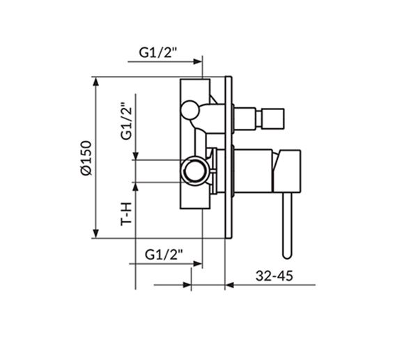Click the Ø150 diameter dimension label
click(x=86, y=158)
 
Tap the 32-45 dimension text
click(x=274, y=276)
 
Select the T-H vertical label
click(x=126, y=214)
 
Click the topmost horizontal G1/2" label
click(x=158, y=52)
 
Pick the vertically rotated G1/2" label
click(x=126, y=121)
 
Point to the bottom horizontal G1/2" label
click(x=164, y=254)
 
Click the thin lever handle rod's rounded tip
click(x=287, y=255)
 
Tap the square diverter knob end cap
click(x=272, y=118)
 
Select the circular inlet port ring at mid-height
click(x=194, y=171)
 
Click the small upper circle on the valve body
click(x=189, y=109)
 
